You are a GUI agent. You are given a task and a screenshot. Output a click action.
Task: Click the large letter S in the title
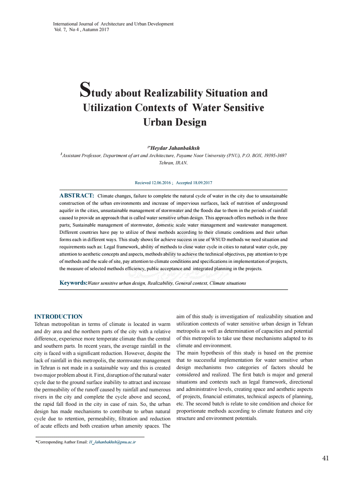click(85, 90)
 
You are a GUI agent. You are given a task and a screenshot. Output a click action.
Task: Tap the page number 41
click(326, 458)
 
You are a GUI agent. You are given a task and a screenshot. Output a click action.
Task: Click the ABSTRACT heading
click(77, 195)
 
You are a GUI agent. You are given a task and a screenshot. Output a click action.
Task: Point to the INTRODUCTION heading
click(58, 317)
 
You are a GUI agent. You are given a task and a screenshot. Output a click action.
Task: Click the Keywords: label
click(73, 283)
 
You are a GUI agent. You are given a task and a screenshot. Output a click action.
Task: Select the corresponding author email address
click(112, 442)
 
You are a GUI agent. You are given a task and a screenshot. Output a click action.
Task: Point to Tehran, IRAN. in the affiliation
click(173, 163)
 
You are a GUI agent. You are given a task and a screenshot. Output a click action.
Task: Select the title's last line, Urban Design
click(175, 122)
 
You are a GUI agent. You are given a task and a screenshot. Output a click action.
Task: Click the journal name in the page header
click(113, 24)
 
